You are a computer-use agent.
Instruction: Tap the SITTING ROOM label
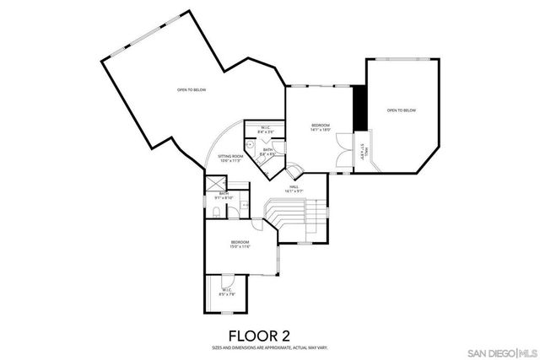(x=230, y=159)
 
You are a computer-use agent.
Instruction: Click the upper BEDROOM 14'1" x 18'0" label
(x=319, y=127)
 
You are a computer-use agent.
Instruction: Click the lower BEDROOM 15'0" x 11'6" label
(x=240, y=244)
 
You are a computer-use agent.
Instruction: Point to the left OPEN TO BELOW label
(x=191, y=90)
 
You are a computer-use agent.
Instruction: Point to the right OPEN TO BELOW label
(x=401, y=110)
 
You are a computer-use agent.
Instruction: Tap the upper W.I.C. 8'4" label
(x=266, y=130)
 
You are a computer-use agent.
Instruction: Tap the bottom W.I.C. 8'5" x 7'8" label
(x=227, y=294)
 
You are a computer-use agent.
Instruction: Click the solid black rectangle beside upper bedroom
(x=360, y=108)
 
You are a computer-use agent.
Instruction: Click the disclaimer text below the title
(x=269, y=347)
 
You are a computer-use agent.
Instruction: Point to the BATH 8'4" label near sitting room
(x=267, y=153)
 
